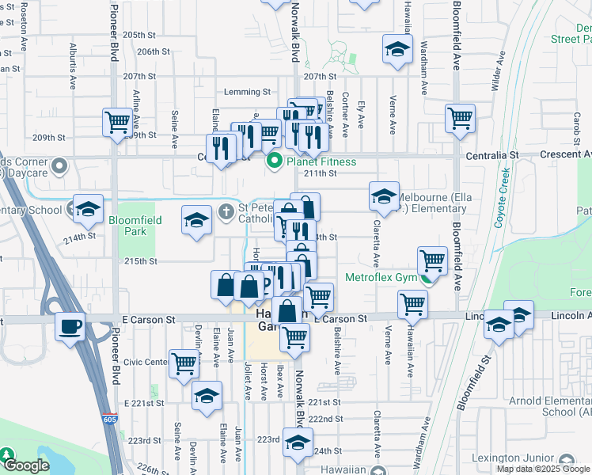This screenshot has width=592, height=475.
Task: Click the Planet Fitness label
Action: pyautogui.click(x=321, y=161)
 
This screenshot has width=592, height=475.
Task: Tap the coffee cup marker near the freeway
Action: pyautogui.click(x=70, y=325)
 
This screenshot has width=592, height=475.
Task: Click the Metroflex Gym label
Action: pyautogui.click(x=379, y=278)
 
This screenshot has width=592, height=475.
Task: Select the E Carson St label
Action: pyautogui.click(x=149, y=319)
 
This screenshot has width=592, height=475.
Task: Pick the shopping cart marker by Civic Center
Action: pyautogui.click(x=184, y=364)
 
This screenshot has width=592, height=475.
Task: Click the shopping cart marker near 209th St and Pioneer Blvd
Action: pyautogui.click(x=117, y=122)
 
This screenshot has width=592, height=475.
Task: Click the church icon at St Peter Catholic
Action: pyautogui.click(x=226, y=211)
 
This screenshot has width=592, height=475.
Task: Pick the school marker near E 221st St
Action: pyautogui.click(x=207, y=395)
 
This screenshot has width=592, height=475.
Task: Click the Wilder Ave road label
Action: pyautogui.click(x=499, y=72)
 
